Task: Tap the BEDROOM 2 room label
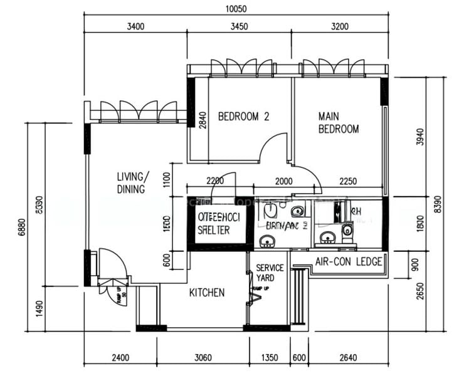coord(243,116)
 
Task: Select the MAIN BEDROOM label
coord(339,123)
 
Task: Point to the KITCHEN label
coord(207,293)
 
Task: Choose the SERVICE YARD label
coord(270,273)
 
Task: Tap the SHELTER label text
coord(213,230)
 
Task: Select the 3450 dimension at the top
coord(240,26)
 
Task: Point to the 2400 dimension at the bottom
coord(120,358)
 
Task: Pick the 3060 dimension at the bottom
coord(203,358)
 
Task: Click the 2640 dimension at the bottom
coord(348,358)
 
